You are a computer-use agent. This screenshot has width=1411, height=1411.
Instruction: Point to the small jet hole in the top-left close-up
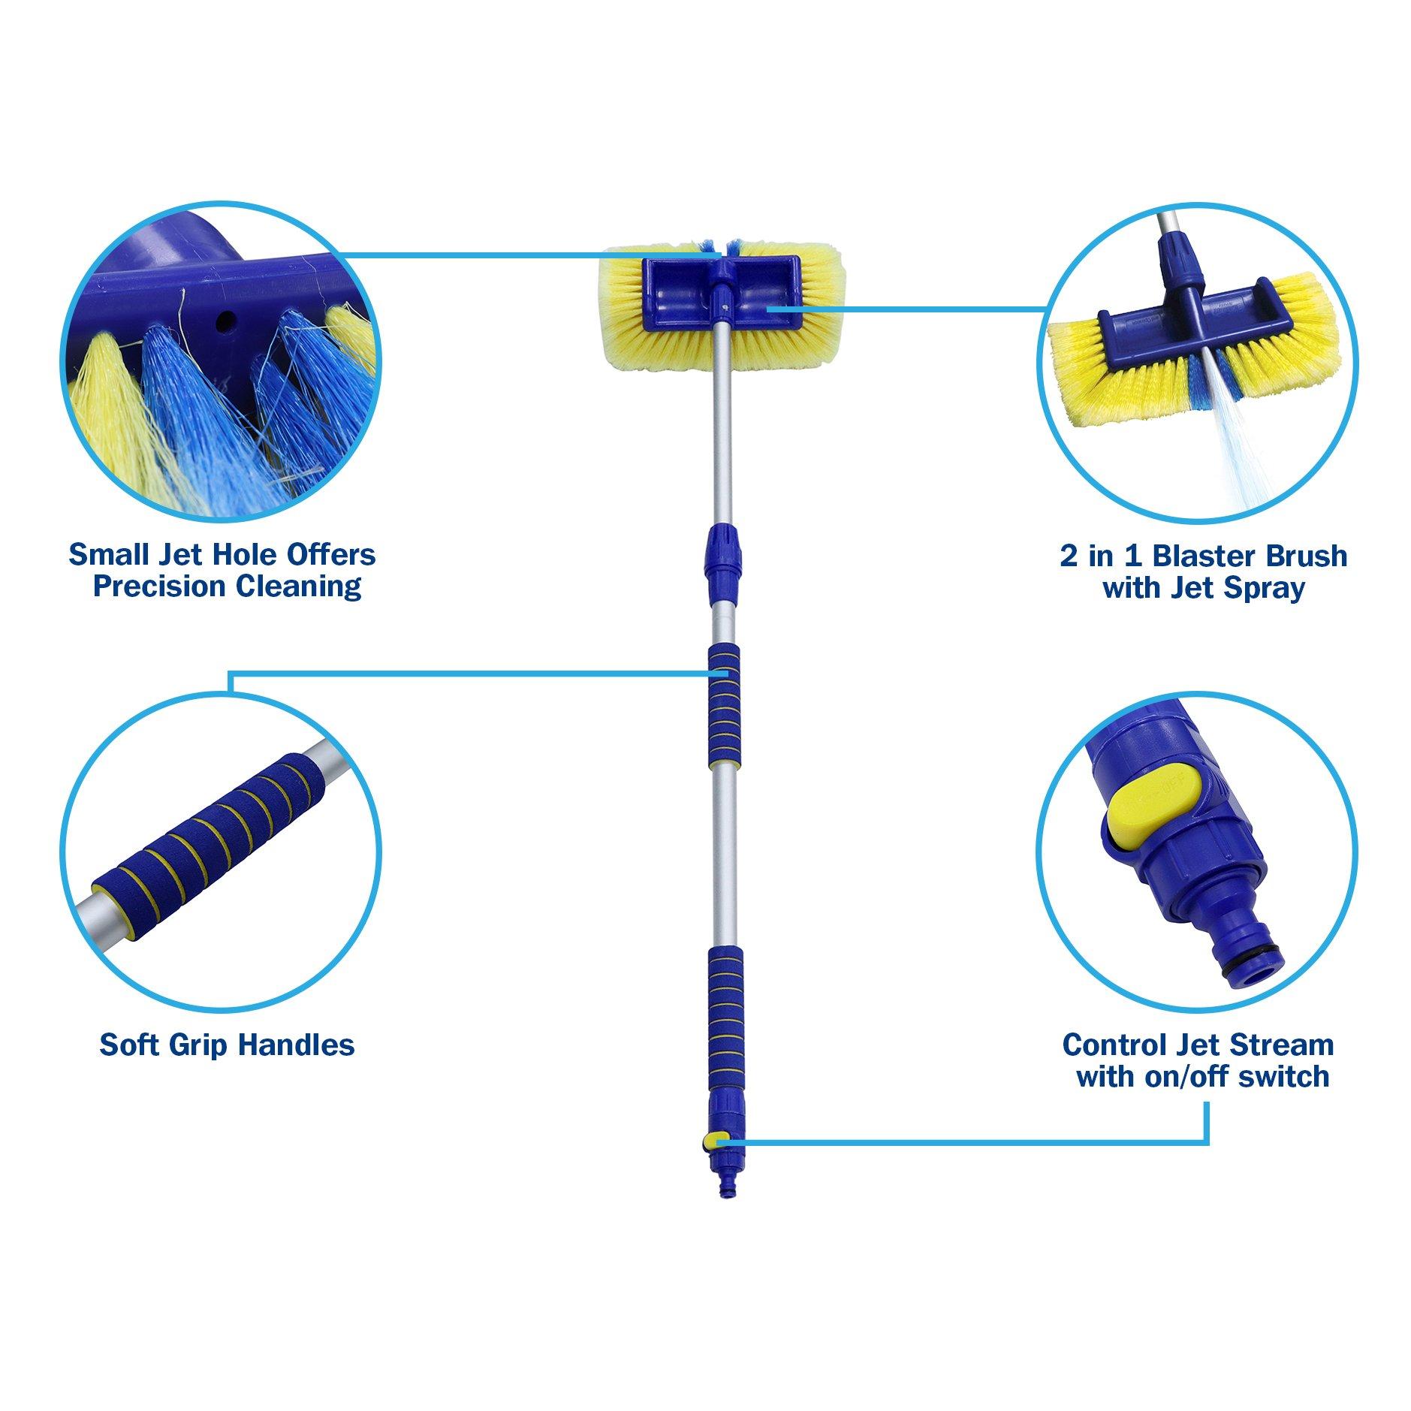223,322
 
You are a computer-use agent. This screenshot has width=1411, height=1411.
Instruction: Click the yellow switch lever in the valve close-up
1153,814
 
